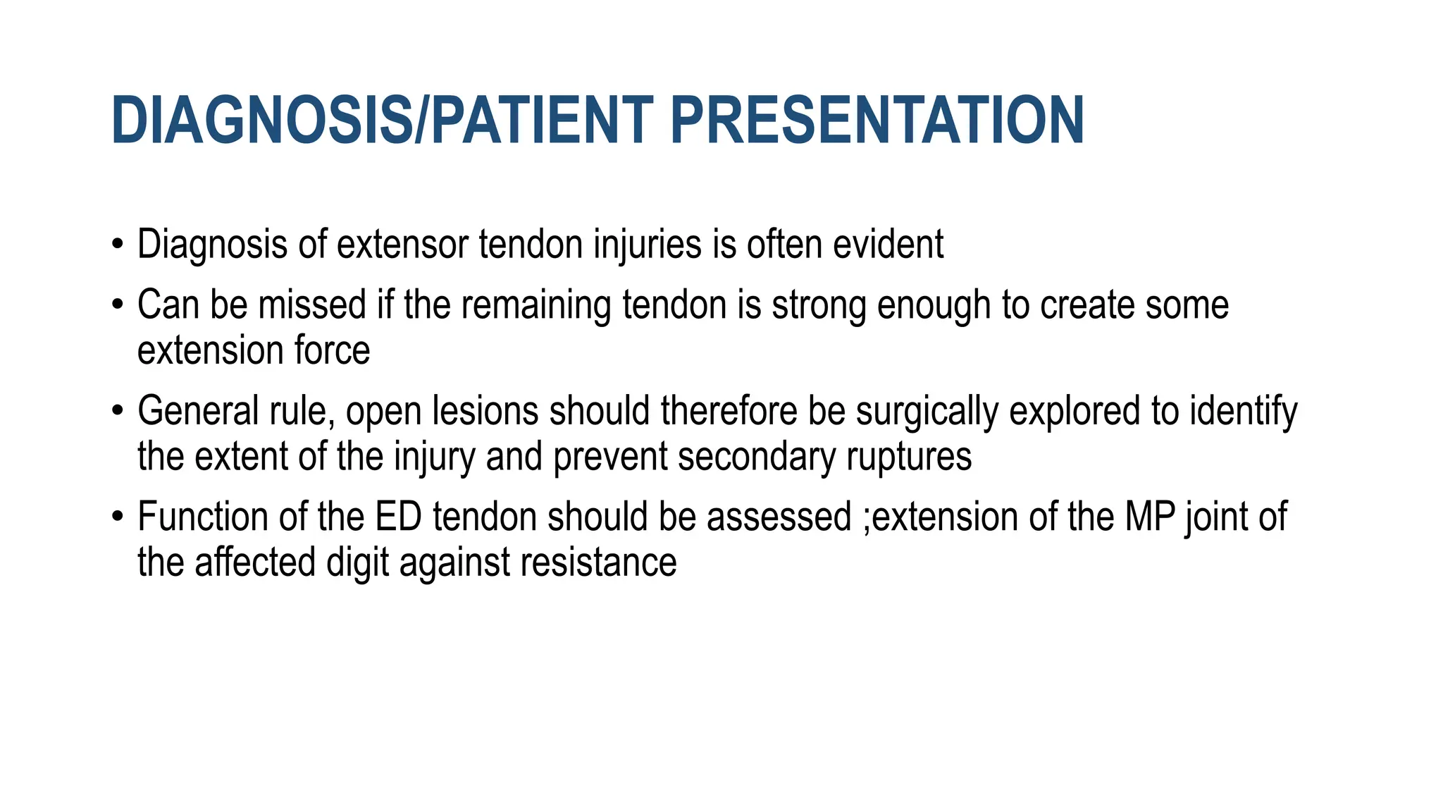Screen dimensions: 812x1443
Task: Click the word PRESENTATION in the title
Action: click(877, 121)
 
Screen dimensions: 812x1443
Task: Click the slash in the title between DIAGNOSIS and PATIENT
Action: click(421, 121)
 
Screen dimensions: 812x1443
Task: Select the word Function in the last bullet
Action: click(202, 517)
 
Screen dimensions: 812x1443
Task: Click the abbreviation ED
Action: click(398, 517)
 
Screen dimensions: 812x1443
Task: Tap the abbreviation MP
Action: click(1150, 517)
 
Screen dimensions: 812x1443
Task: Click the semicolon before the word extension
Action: click(867, 520)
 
